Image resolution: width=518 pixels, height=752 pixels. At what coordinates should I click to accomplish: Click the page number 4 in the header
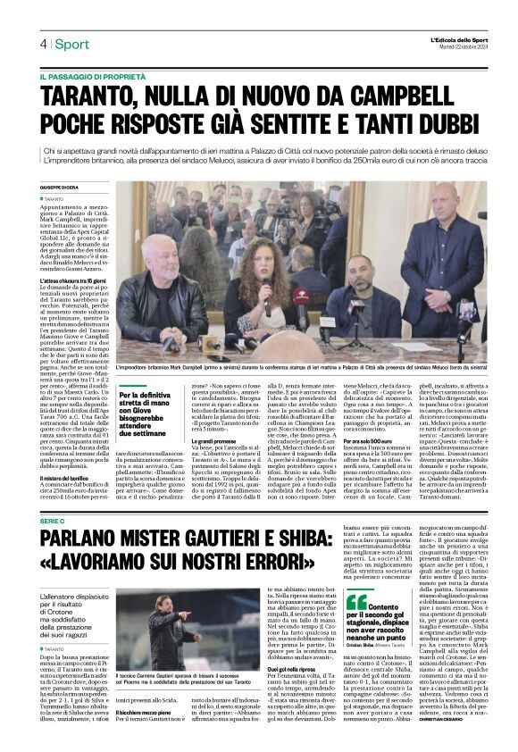click(41, 43)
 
